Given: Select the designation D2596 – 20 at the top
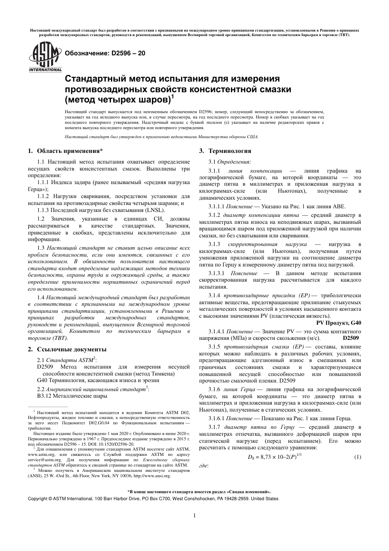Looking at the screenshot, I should click(x=102, y=53).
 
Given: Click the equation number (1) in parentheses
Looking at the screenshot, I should click(x=357, y=457).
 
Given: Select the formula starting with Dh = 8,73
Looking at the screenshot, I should click(x=275, y=456).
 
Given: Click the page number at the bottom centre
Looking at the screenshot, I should click(x=194, y=516).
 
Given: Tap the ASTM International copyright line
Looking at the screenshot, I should click(x=153, y=499).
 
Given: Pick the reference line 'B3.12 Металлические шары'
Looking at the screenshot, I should click(x=72, y=396).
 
